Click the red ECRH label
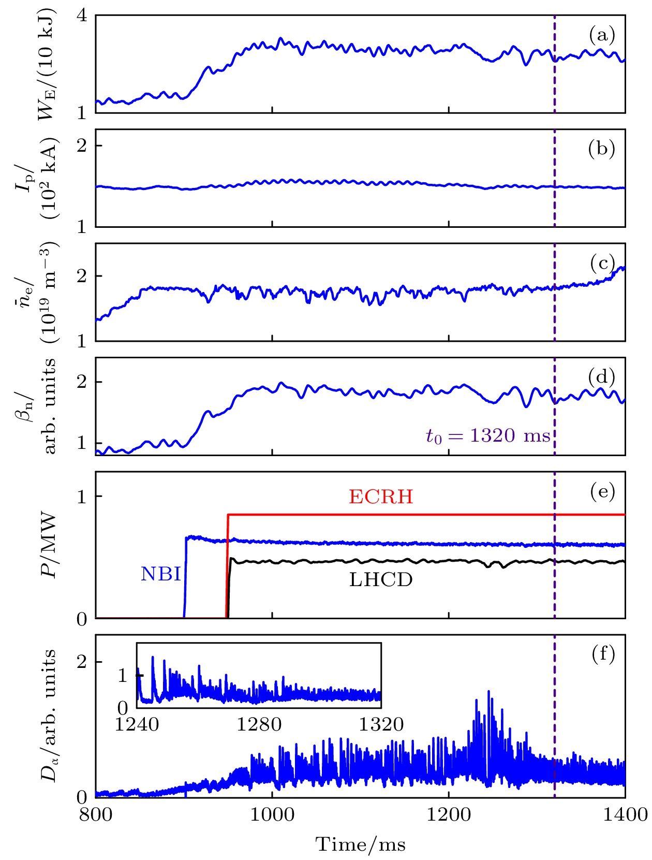pyautogui.click(x=381, y=497)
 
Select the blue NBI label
pyautogui.click(x=160, y=574)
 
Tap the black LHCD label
pyautogui.click(x=381, y=580)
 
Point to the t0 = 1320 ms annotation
pyautogui.click(x=488, y=436)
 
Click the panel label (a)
pyautogui.click(x=602, y=35)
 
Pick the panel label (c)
pyautogui.click(x=602, y=264)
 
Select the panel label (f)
pyautogui.click(x=603, y=654)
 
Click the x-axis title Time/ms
pyautogui.click(x=361, y=844)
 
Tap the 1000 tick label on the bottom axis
pyautogui.click(x=272, y=815)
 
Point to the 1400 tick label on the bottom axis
pyautogui.click(x=625, y=815)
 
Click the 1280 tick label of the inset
pyautogui.click(x=259, y=724)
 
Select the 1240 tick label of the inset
pyautogui.click(x=137, y=724)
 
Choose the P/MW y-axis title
pyautogui.click(x=49, y=545)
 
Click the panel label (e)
pyautogui.click(x=602, y=491)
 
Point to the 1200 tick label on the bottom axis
pyautogui.click(x=449, y=815)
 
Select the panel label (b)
pyautogui.click(x=602, y=149)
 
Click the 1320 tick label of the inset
pyautogui.click(x=381, y=724)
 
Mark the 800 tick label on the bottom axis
pyautogui.click(x=96, y=815)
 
